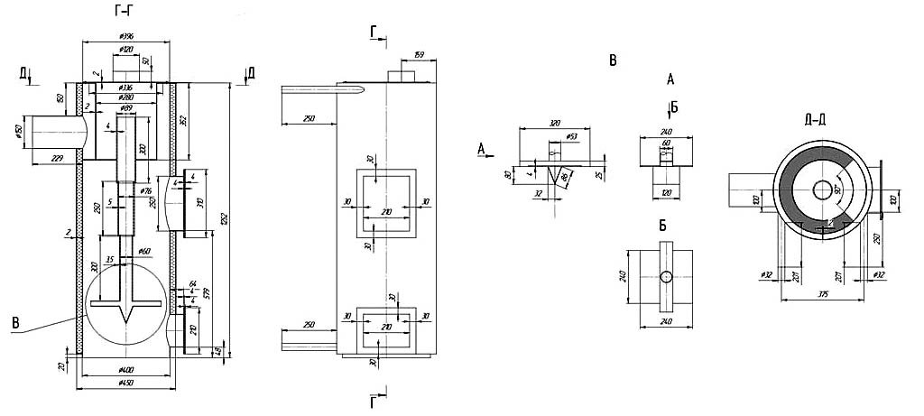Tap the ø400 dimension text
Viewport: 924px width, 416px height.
point(125,370)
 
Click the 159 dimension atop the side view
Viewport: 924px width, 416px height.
point(420,55)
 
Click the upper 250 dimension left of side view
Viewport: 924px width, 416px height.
point(309,117)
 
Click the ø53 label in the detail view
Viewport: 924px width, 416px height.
point(570,136)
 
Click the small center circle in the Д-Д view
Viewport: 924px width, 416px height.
point(823,190)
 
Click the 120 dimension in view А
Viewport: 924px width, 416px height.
point(666,193)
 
